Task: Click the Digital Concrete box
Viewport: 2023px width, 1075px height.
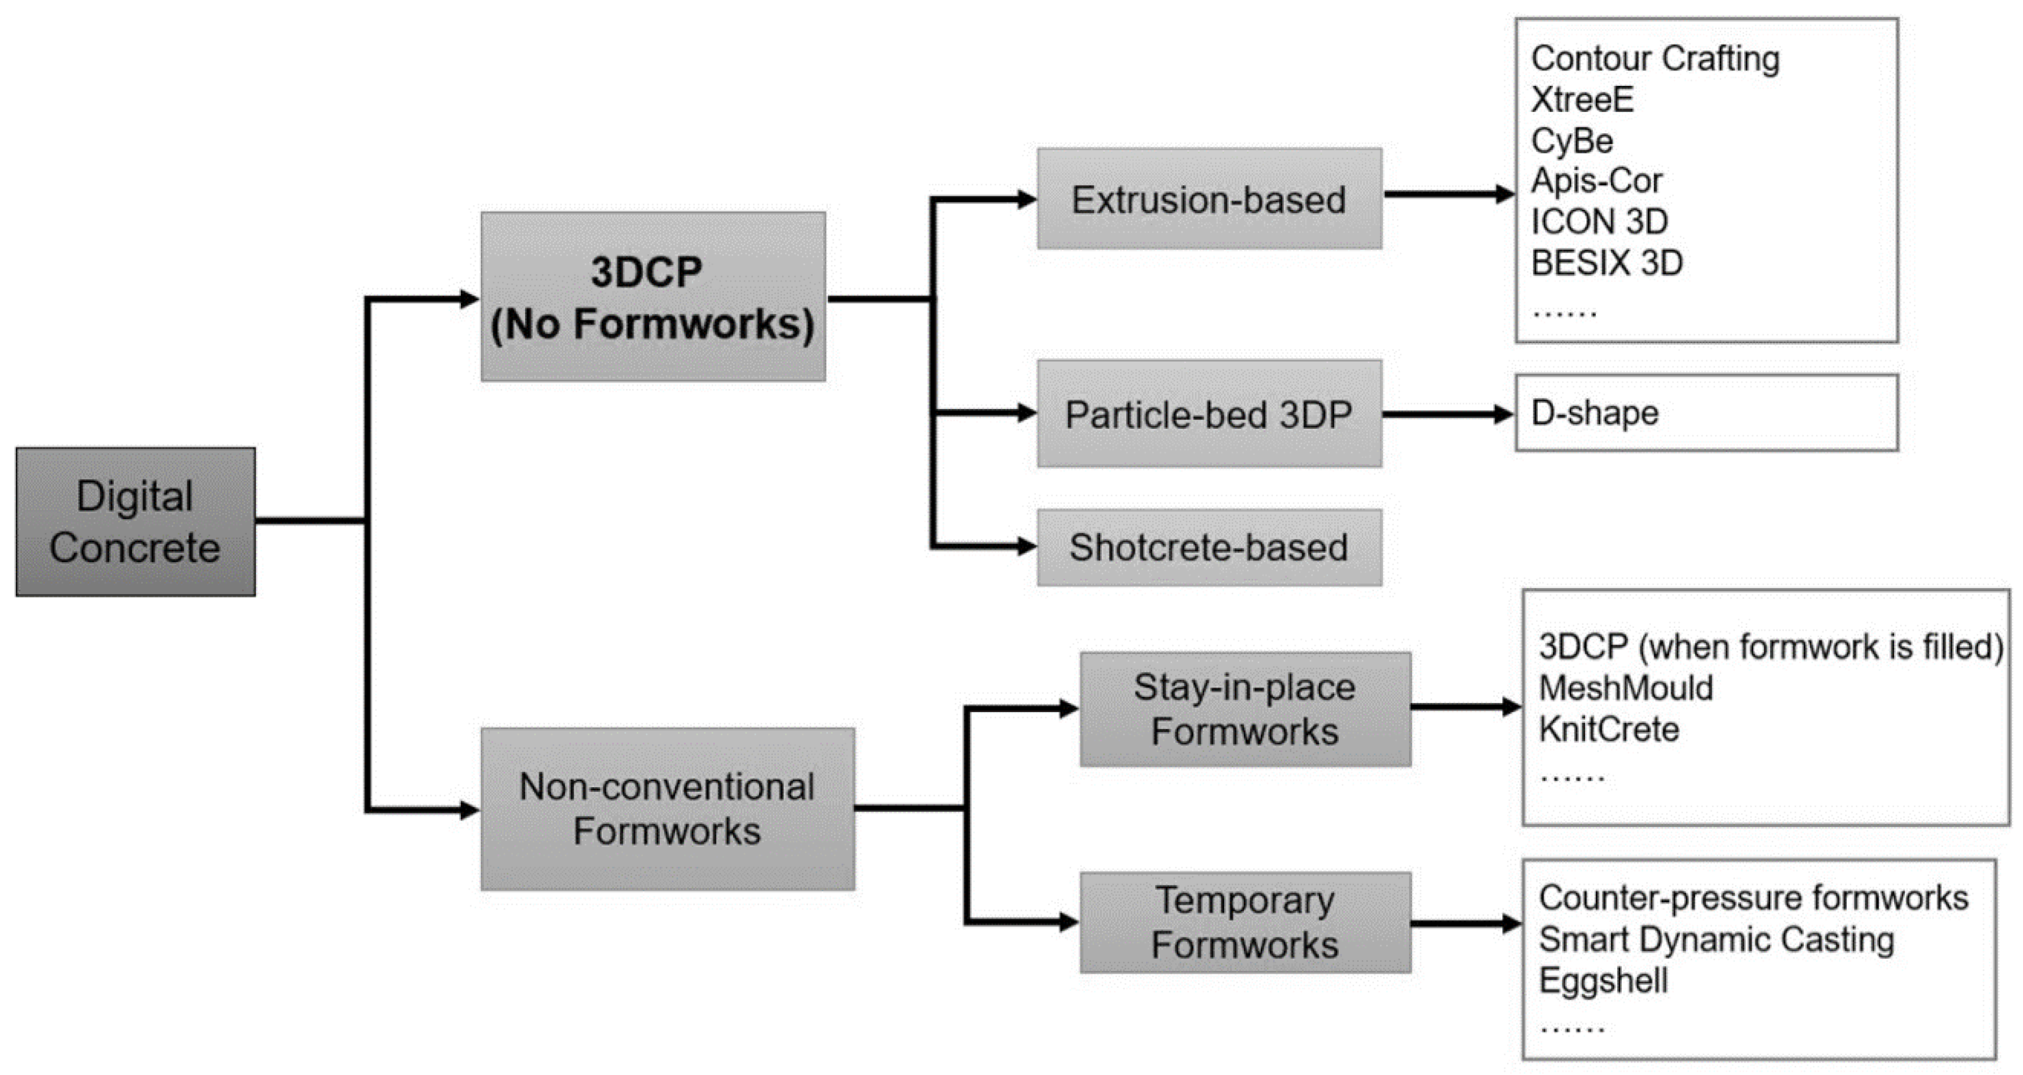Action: point(135,522)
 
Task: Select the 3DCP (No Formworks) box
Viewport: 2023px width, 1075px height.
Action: point(652,297)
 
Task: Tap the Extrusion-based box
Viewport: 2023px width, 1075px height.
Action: point(1209,200)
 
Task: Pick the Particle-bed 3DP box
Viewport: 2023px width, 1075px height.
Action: point(1209,414)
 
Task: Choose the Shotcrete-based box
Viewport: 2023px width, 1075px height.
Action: point(1209,548)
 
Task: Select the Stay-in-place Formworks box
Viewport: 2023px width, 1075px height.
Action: point(1244,709)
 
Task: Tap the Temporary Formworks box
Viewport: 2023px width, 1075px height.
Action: point(1244,923)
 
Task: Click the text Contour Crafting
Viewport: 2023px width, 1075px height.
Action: point(1655,59)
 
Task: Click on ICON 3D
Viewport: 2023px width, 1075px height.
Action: point(1599,222)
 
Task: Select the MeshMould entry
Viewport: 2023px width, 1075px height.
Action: point(1626,688)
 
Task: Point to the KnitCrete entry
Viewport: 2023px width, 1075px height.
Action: point(1608,730)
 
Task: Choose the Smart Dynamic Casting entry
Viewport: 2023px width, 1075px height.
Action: point(1716,940)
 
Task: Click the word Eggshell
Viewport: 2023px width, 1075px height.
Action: point(1603,981)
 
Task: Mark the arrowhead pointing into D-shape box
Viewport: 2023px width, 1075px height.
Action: point(1503,414)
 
